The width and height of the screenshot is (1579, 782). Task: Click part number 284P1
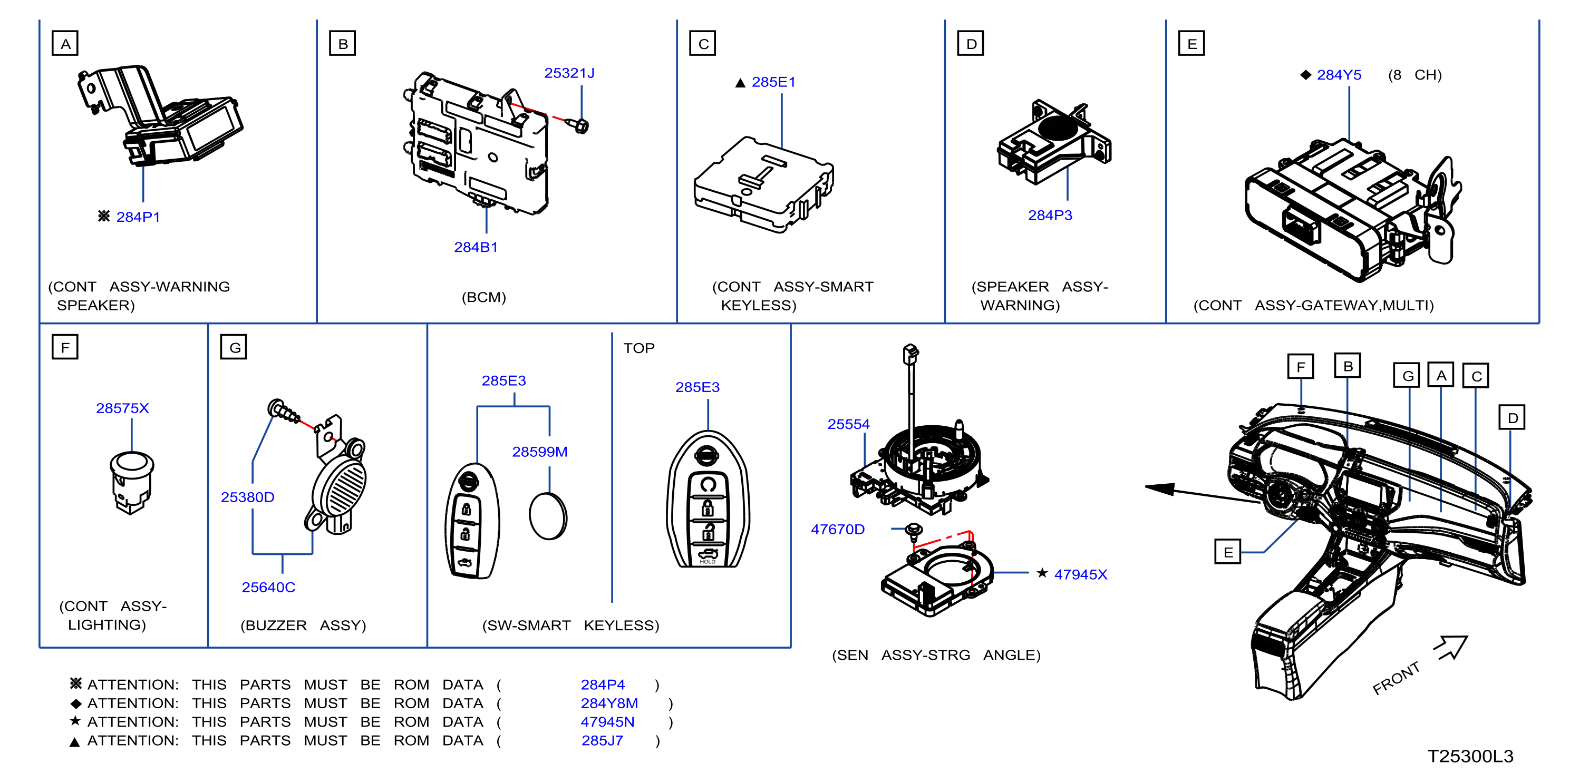pos(138,217)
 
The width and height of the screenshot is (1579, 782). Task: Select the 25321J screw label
pos(569,73)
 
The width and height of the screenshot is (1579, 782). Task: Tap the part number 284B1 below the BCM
pos(476,247)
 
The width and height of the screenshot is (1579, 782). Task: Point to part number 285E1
pos(773,82)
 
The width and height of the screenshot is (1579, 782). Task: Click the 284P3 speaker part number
pos(1050,215)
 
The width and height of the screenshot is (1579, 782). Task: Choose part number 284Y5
pos(1339,75)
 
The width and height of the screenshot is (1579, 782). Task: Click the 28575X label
pos(123,408)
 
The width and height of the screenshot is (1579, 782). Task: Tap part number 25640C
pos(268,587)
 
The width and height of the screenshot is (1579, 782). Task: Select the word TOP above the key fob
pos(638,348)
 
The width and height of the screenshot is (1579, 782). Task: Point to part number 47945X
pos(1081,574)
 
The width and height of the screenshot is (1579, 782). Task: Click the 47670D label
pos(838,529)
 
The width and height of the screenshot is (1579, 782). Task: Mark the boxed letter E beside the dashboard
pos(1228,552)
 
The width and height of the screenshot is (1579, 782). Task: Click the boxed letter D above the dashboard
pos(1512,417)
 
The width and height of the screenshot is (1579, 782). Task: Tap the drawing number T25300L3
pos(1470,756)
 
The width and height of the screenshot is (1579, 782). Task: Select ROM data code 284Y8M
pos(609,703)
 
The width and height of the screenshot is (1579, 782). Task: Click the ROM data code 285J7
pos(602,740)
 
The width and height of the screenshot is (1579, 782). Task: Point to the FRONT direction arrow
pos(1451,647)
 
